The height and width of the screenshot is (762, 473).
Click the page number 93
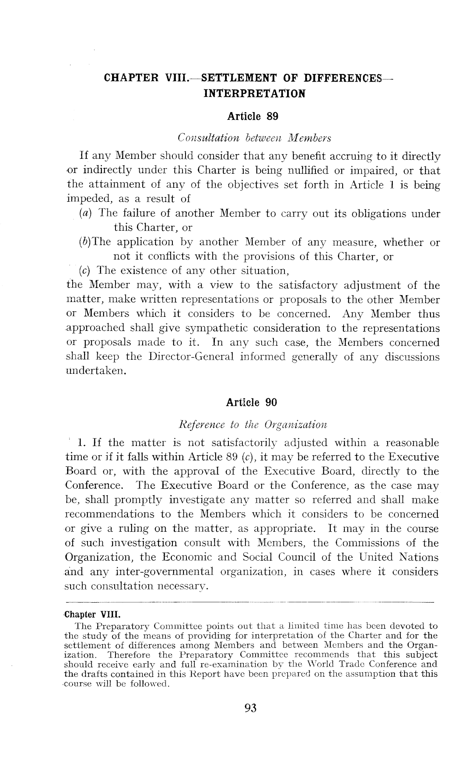[251, 708]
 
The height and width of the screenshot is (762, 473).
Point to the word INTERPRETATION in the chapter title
[254, 93]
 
